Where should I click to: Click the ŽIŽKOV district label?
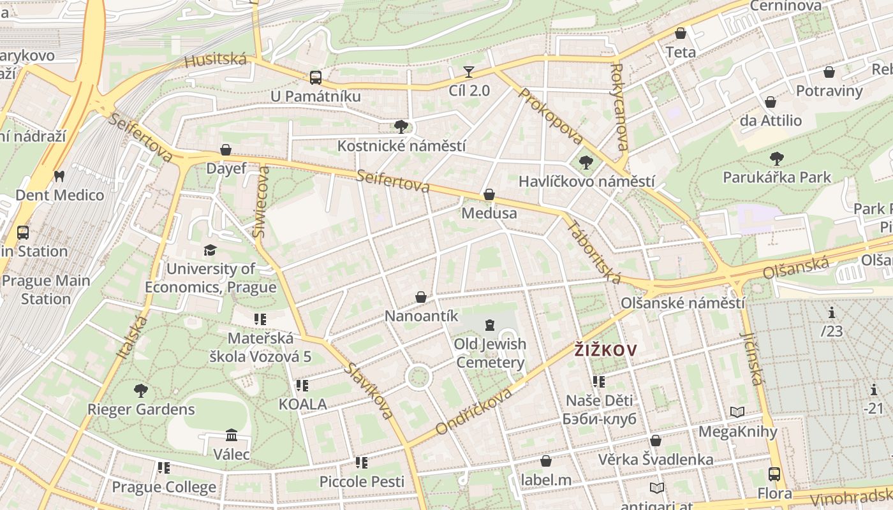605,350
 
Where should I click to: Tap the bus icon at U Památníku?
315,78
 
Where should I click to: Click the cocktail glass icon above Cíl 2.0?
469,71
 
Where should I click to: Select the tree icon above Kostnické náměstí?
401,126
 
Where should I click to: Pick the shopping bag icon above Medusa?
489,194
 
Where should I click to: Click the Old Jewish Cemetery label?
490,354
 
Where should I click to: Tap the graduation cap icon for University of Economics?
210,250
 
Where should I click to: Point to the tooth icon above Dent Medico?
59,176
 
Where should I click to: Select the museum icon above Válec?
232,435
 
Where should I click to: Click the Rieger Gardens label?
141,409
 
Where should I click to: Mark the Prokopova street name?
551,116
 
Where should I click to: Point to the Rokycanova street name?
619,106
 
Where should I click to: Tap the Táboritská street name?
593,252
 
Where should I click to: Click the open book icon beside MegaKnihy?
737,412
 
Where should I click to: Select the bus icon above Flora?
774,474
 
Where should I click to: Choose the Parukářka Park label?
777,177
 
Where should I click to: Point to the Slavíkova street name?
369,391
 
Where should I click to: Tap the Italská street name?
132,335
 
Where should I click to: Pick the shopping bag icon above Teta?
681,33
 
